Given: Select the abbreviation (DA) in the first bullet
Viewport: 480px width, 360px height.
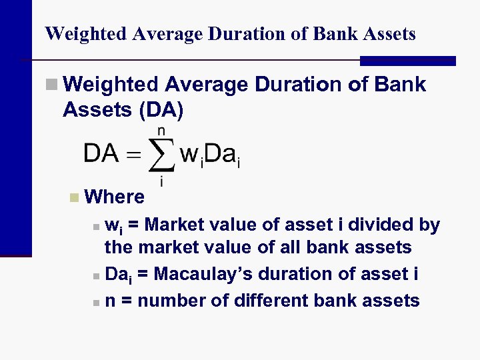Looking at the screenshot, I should [x=160, y=109].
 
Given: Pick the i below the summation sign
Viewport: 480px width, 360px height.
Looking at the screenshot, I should [x=161, y=181].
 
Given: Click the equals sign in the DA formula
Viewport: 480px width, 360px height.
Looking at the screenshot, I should [x=134, y=156].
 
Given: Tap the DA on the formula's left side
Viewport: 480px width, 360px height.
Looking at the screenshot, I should [x=101, y=155].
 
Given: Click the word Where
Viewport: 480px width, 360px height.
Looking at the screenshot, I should [x=115, y=197].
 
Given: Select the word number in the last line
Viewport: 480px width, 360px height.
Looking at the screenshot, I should [x=171, y=301].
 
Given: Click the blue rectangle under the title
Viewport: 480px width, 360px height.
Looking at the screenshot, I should [x=407, y=61].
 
